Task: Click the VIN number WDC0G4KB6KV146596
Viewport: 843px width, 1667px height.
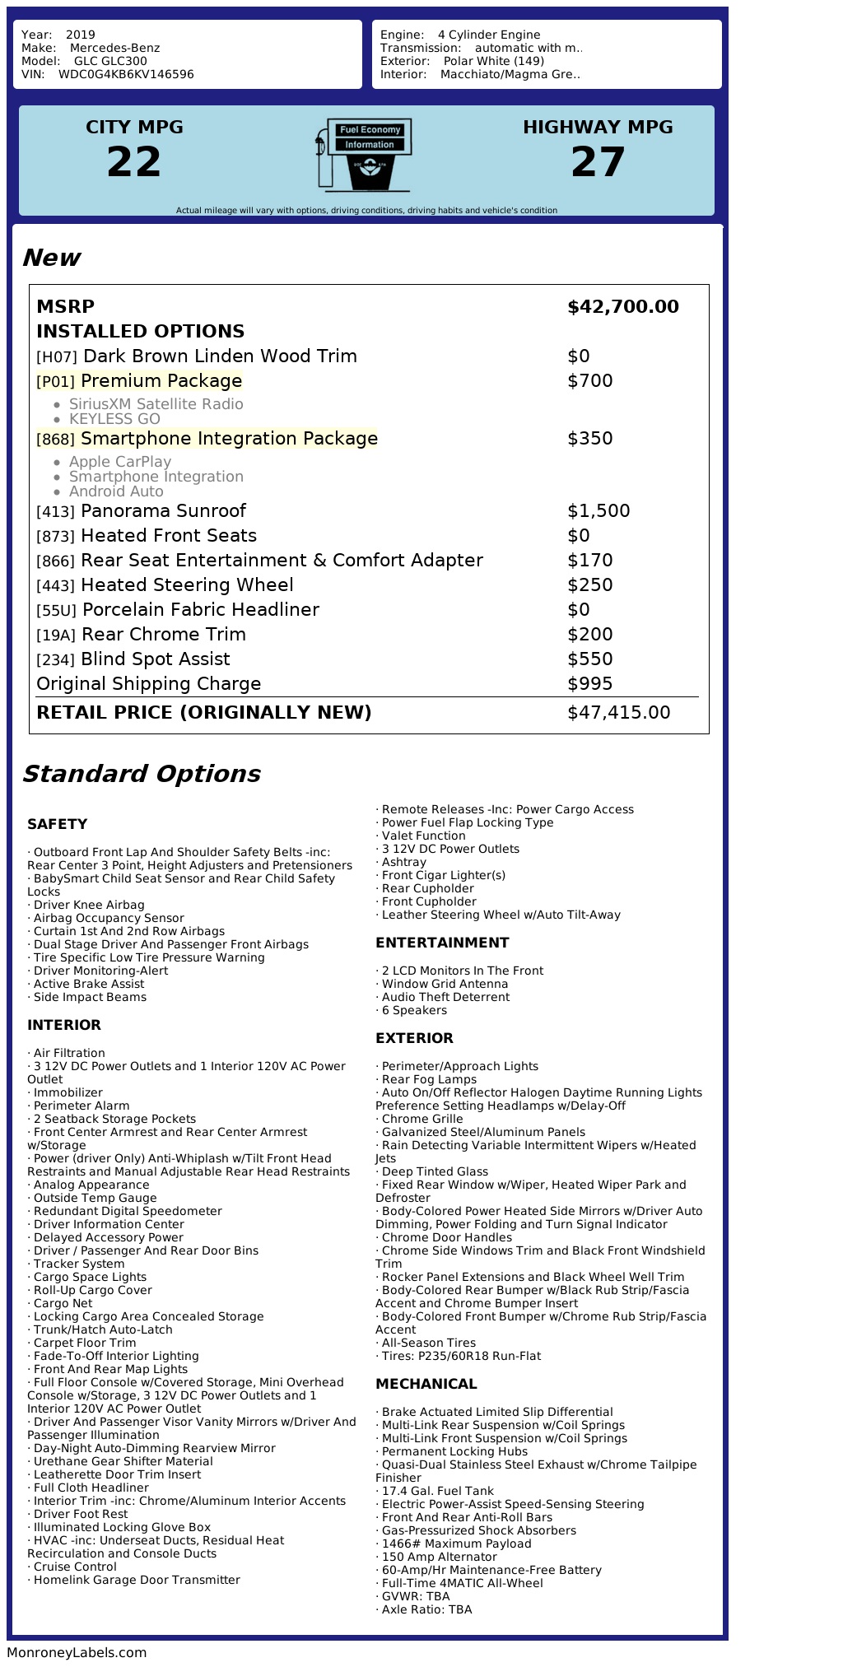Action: (126, 74)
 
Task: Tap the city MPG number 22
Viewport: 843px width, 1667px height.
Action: (134, 162)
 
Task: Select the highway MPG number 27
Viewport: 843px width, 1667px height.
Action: (598, 162)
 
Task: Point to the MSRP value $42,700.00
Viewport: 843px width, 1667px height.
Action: (623, 307)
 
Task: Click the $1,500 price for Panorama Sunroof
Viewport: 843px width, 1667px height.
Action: (598, 511)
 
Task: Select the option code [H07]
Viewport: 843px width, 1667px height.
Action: (56, 357)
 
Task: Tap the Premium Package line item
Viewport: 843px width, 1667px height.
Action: (161, 381)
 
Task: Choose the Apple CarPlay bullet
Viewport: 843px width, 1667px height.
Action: (120, 462)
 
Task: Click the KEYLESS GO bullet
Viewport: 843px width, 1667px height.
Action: (114, 419)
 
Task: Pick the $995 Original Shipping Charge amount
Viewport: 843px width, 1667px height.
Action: (589, 684)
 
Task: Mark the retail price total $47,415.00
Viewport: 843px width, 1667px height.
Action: (618, 713)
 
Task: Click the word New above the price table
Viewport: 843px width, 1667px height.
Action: (51, 258)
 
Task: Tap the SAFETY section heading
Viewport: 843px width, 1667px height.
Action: (57, 824)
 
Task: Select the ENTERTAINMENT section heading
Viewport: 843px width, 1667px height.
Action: (442, 943)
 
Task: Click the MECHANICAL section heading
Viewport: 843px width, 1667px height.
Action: (426, 1384)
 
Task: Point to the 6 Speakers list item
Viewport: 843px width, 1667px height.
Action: (413, 1010)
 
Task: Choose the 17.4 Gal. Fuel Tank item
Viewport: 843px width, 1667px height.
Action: (437, 1491)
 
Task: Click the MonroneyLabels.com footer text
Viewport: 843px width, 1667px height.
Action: (77, 1652)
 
